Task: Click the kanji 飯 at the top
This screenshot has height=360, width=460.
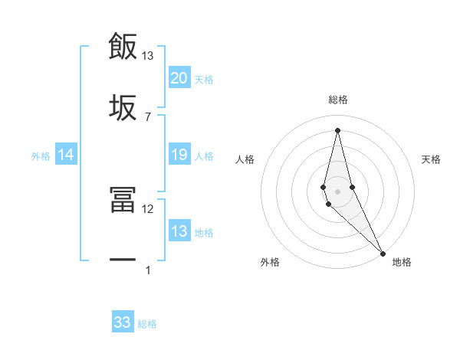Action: pyautogui.click(x=123, y=46)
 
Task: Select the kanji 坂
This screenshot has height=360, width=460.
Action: pyautogui.click(x=123, y=107)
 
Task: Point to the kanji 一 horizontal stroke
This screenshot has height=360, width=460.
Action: pyautogui.click(x=123, y=260)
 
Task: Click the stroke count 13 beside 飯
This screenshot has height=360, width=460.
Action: pyautogui.click(x=148, y=56)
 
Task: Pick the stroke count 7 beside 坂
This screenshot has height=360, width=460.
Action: pyautogui.click(x=148, y=116)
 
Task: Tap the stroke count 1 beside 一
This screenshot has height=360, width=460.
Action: pyautogui.click(x=148, y=270)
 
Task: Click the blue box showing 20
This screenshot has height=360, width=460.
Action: pyautogui.click(x=179, y=77)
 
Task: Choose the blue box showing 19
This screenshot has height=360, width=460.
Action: pyautogui.click(x=179, y=155)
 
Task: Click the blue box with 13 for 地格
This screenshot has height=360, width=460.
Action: pyautogui.click(x=179, y=231)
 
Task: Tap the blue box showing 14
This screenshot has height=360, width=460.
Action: pyautogui.click(x=66, y=155)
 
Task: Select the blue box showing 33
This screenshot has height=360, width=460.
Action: pyautogui.click(x=123, y=322)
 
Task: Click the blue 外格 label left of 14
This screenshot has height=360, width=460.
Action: pyautogui.click(x=41, y=156)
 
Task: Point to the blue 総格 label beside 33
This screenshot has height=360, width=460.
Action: pyautogui.click(x=147, y=324)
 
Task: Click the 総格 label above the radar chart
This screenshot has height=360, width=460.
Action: pyautogui.click(x=338, y=100)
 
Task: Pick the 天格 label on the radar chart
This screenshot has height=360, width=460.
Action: pyautogui.click(x=432, y=159)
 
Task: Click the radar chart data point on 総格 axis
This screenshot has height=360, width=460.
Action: pyautogui.click(x=337, y=129)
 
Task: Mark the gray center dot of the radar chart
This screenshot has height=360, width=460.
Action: pyautogui.click(x=337, y=191)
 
